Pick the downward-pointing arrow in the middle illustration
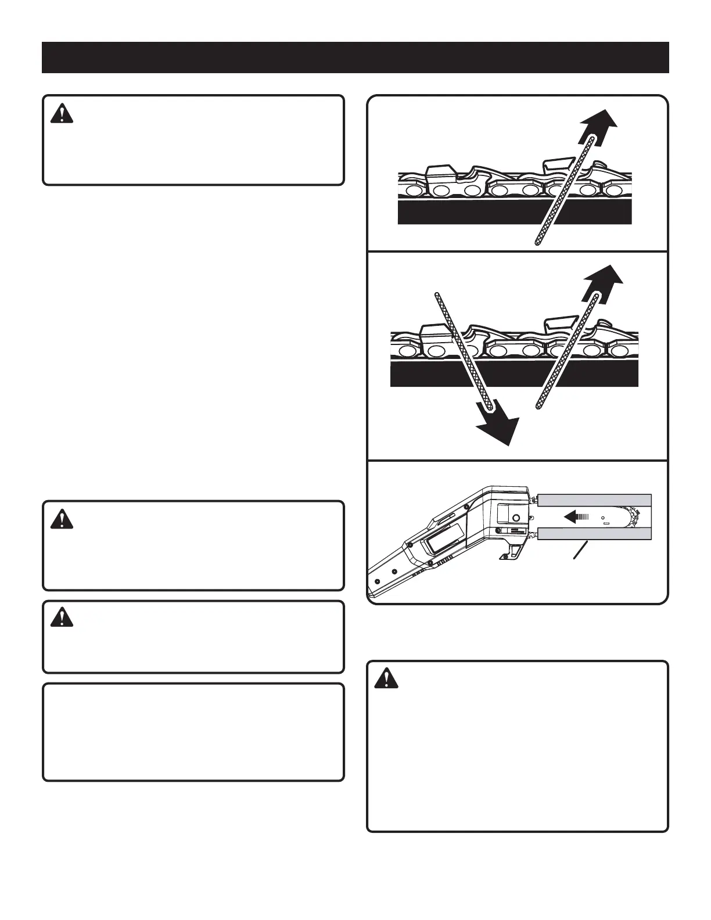tap(497, 427)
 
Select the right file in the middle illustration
tap(566, 354)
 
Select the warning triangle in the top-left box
tap(62, 114)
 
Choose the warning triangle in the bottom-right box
tap(386, 679)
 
